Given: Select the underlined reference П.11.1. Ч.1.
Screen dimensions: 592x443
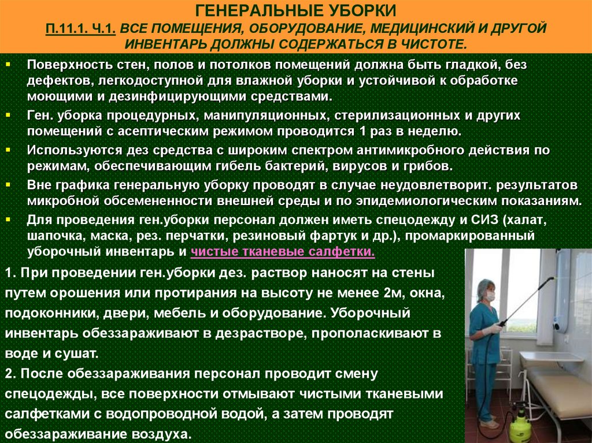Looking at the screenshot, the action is coord(80,29).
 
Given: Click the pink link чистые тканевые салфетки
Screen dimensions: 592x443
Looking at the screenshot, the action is coord(283,252).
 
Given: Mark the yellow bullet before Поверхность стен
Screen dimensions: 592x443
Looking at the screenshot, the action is coord(8,65).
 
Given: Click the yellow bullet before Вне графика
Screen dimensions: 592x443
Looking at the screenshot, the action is coord(8,185).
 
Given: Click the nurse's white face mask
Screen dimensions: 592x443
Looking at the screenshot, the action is coord(490,297).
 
